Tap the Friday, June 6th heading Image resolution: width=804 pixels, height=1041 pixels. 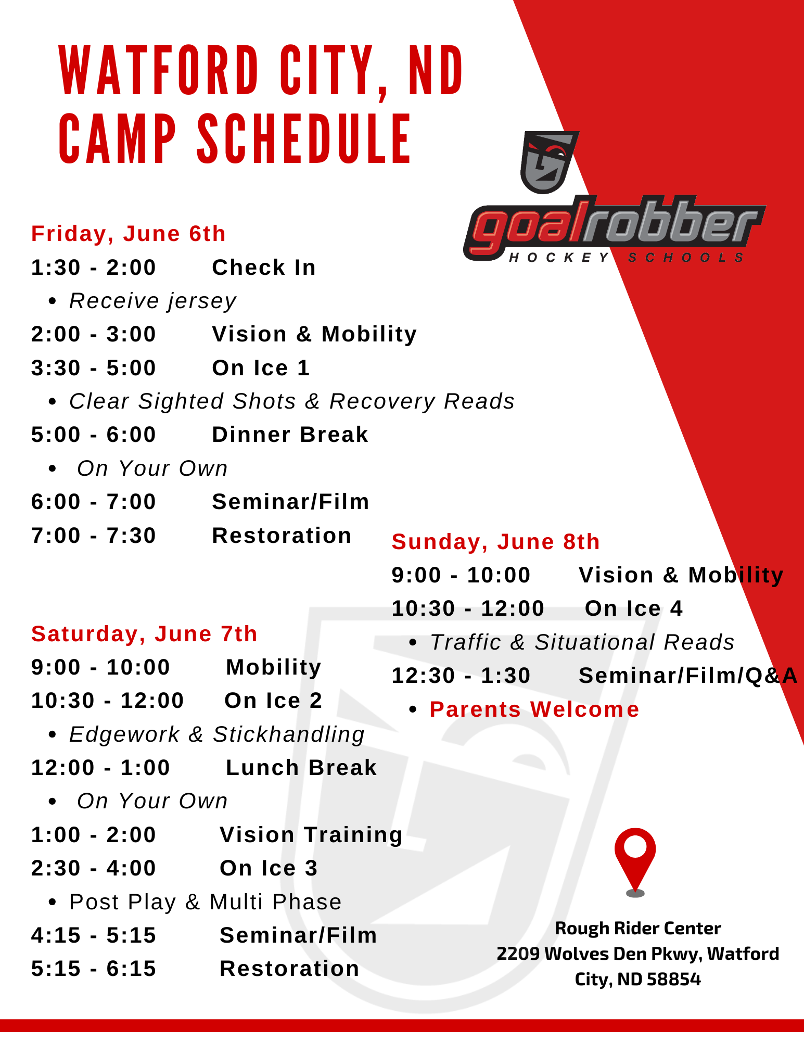click(x=129, y=234)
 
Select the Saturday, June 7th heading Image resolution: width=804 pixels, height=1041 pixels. click(x=144, y=634)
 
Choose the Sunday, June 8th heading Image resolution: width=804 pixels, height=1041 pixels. click(x=495, y=542)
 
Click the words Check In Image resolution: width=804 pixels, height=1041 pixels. click(x=264, y=268)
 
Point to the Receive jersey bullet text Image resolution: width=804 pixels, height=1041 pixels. click(x=153, y=301)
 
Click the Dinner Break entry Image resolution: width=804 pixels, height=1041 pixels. click(x=290, y=435)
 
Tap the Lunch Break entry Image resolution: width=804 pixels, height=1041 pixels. click(x=301, y=768)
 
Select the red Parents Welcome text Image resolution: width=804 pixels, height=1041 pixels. click(x=534, y=709)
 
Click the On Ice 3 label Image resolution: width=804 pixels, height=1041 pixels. click(x=269, y=868)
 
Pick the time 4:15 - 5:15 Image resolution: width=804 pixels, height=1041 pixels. click(x=94, y=935)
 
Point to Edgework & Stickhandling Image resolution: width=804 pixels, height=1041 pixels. click(x=217, y=734)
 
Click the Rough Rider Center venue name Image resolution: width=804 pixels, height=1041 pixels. click(x=638, y=928)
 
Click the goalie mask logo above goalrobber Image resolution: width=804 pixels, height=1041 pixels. click(x=549, y=162)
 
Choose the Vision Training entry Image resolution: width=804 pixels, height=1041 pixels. click(x=311, y=835)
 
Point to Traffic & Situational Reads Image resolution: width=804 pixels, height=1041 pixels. click(x=582, y=642)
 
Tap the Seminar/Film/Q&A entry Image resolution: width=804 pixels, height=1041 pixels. click(x=688, y=676)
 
